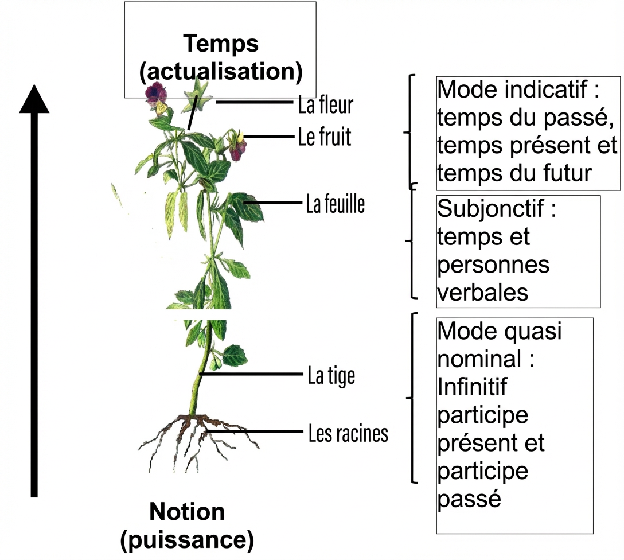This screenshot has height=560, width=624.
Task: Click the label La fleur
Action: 326,105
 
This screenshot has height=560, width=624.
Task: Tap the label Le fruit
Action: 325,137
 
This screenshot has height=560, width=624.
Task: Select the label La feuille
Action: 336,204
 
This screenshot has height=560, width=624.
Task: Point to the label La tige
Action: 331,376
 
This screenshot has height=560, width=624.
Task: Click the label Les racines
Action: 348,433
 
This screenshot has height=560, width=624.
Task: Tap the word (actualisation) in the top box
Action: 221,71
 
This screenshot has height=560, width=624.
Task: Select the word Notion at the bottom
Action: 187,511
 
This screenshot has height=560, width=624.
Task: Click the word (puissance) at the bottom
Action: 187,539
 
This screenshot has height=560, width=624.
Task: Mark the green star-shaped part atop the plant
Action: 197,94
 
